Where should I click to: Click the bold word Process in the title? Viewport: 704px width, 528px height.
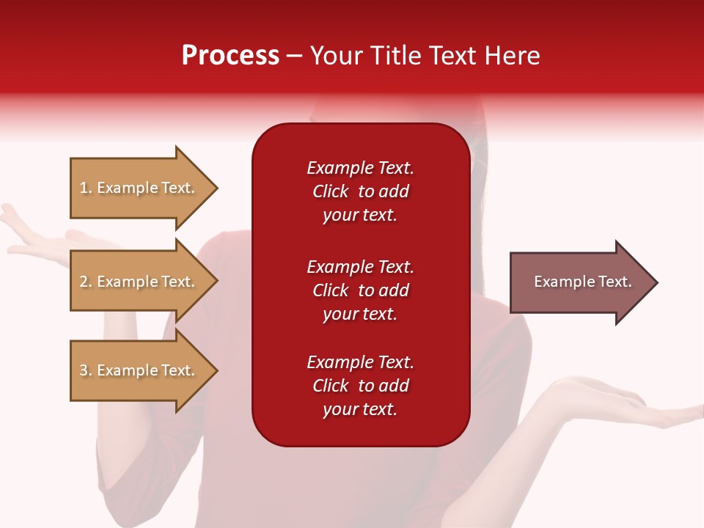[230, 56]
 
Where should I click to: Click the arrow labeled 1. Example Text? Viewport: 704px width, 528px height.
[144, 188]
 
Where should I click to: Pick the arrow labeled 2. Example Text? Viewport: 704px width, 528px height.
[144, 281]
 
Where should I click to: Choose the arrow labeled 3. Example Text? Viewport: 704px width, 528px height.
[144, 370]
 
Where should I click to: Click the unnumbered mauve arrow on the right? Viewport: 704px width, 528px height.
[584, 282]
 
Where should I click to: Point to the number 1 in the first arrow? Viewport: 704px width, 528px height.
[84, 188]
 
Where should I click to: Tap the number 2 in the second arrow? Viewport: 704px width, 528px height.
[84, 282]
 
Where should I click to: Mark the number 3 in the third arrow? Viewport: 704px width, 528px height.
[84, 370]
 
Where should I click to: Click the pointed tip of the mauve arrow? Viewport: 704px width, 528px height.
[658, 282]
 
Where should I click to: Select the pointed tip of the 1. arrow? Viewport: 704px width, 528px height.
[218, 188]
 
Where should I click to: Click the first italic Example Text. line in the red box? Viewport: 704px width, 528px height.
[360, 168]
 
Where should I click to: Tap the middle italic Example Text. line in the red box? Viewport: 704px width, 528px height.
[360, 267]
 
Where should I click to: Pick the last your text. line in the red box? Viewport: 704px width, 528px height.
[360, 409]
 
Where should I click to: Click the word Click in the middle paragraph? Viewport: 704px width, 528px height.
[331, 290]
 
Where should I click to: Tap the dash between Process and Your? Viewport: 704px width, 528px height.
[295, 57]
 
